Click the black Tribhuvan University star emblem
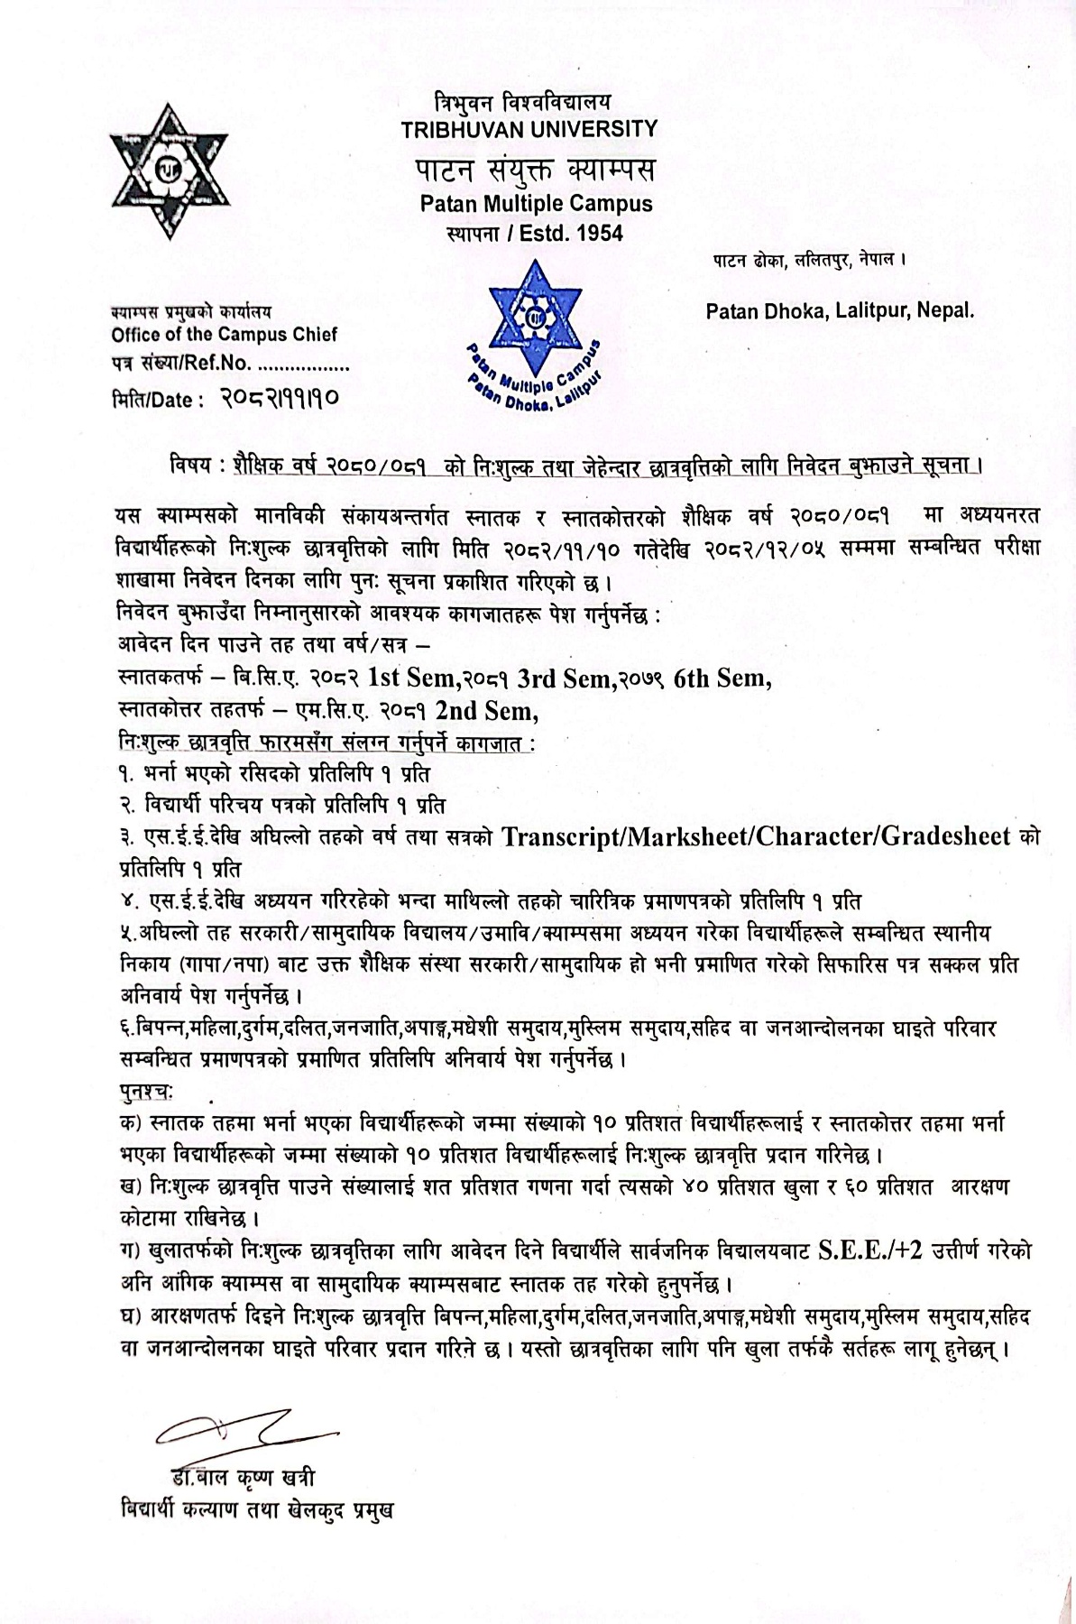pos(169,171)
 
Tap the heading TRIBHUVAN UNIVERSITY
pos(529,129)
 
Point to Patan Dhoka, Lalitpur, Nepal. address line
pos(840,311)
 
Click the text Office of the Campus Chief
pos(224,335)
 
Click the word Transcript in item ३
pos(556,836)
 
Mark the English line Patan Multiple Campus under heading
pos(536,204)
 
